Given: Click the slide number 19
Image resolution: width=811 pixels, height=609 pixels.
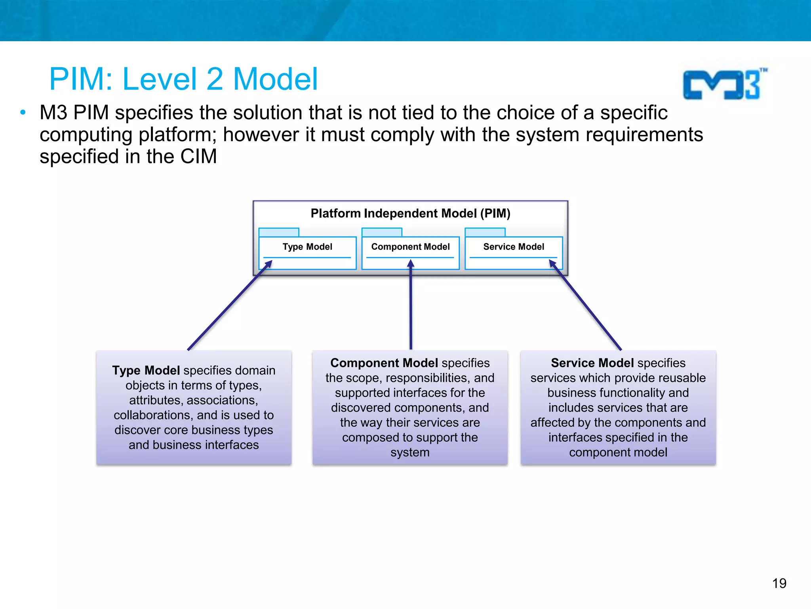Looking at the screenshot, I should (779, 583).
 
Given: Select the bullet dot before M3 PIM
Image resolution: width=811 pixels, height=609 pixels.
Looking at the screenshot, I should (23, 113).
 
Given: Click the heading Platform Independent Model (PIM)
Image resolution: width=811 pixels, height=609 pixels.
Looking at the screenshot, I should (410, 213).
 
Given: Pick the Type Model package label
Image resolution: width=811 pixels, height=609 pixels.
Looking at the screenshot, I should (307, 247).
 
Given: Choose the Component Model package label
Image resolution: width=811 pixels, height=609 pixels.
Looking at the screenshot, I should (410, 247).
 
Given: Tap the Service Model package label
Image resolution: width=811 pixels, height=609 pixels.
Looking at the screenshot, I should (514, 247).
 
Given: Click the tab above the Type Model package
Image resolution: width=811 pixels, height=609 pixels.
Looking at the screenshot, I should (279, 232).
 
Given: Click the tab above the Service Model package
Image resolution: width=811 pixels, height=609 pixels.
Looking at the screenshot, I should (485, 232).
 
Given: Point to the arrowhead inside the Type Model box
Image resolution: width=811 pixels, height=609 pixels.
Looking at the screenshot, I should (269, 264).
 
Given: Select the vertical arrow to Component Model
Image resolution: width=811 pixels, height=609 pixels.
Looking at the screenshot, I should (411, 305).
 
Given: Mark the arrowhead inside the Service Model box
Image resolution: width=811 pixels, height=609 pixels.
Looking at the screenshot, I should (552, 264).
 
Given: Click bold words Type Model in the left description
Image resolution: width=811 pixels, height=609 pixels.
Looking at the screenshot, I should (146, 370).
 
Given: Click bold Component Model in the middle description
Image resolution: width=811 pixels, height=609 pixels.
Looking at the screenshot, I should (384, 363).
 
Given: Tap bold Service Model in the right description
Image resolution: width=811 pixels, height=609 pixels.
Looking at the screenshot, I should (592, 363).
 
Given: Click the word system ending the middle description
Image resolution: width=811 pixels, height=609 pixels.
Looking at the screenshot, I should (410, 452).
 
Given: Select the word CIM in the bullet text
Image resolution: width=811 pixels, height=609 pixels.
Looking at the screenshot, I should (198, 156).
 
